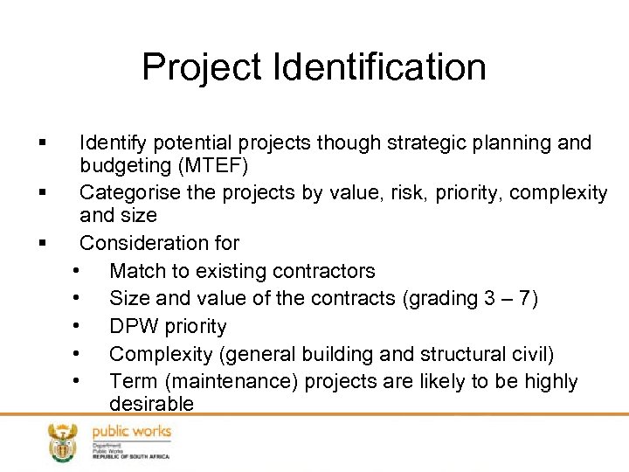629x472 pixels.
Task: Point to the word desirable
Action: pos(151,404)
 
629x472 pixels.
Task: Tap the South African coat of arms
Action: pos(62,442)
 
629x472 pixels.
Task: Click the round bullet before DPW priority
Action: pos(79,326)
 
